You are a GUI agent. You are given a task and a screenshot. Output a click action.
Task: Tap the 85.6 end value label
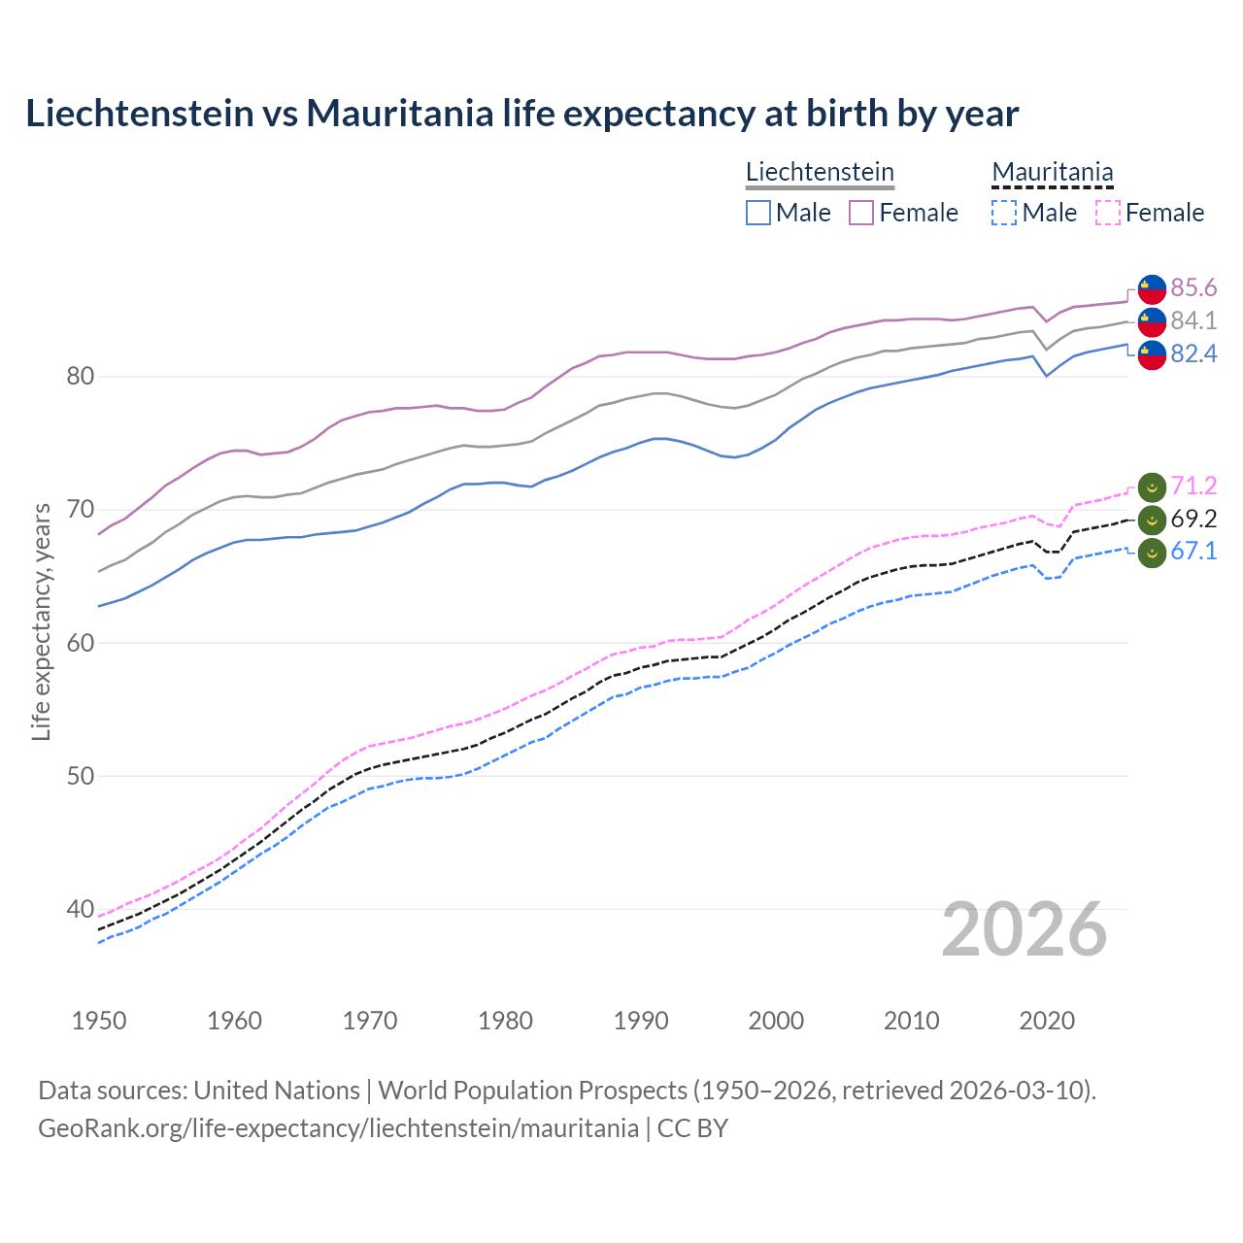click(1193, 287)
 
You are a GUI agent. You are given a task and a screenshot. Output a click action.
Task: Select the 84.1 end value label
click(1193, 320)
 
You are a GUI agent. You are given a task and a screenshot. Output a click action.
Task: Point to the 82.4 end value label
click(1193, 353)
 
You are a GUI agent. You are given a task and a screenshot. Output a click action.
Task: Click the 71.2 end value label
click(1193, 486)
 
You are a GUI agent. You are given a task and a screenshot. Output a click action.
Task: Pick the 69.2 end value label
click(1193, 519)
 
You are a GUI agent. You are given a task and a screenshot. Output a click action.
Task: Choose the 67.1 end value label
click(1193, 552)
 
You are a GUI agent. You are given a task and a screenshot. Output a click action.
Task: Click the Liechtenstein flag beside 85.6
click(1152, 288)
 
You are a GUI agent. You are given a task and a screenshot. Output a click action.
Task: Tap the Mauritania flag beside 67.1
click(1152, 553)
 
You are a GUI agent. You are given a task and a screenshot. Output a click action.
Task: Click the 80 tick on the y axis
click(80, 377)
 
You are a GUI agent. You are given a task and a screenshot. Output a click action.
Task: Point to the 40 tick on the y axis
click(80, 910)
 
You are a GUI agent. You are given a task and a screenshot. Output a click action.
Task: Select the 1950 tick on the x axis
click(99, 1021)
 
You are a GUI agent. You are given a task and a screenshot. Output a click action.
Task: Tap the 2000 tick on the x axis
click(776, 1021)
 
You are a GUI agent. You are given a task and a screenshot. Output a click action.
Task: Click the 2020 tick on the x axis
click(1047, 1021)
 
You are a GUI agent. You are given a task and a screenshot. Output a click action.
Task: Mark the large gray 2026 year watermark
click(1025, 930)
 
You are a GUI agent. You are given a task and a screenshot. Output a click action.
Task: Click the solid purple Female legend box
click(861, 213)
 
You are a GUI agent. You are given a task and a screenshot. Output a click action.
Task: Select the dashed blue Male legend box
click(1004, 213)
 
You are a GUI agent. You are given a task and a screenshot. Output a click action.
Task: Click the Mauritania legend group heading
click(1052, 172)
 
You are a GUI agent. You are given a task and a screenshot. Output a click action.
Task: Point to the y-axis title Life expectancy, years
click(41, 621)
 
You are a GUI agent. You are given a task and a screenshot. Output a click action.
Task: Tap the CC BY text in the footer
click(692, 1128)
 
